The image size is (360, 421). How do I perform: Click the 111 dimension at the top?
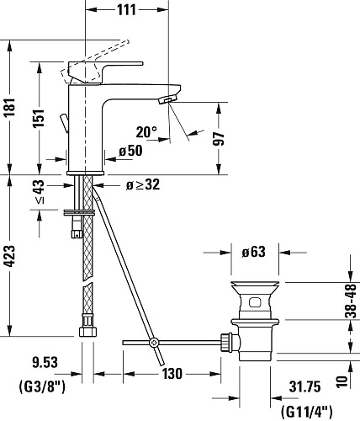coord(126,10)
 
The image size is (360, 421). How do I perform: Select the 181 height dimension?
coord(10,108)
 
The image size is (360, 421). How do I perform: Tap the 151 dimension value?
coord(39,118)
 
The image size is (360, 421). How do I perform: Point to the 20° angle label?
coord(146,132)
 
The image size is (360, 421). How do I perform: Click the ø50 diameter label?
coord(130,151)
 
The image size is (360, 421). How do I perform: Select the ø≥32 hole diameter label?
coord(143,184)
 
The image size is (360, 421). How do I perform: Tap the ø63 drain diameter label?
coord(253,252)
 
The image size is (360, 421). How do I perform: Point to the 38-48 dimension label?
coord(351,301)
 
